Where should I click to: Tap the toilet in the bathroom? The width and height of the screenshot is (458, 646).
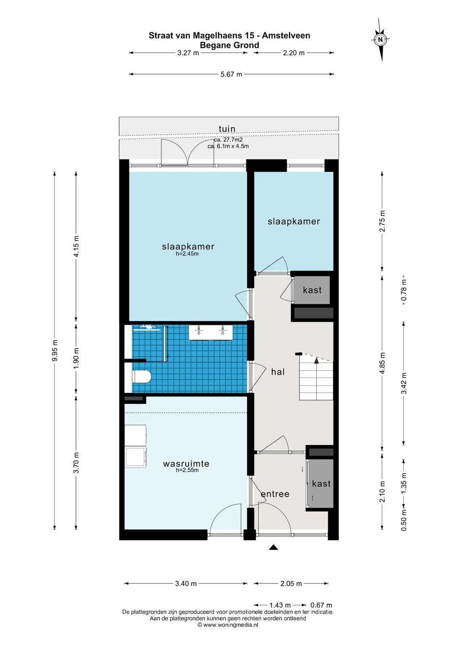pyautogui.click(x=142, y=376)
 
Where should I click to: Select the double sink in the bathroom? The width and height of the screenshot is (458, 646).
pyautogui.click(x=211, y=332)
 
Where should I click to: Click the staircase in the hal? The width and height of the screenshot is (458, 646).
pyautogui.click(x=316, y=377)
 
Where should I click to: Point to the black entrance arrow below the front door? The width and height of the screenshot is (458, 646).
pyautogui.click(x=274, y=547)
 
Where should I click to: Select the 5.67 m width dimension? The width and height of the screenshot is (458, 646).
pyautogui.click(x=231, y=74)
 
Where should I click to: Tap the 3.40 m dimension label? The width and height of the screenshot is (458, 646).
pyautogui.click(x=186, y=583)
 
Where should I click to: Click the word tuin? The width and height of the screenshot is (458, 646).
pyautogui.click(x=227, y=129)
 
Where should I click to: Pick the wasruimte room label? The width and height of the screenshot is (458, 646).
pyautogui.click(x=186, y=464)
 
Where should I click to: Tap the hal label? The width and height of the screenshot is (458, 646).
pyautogui.click(x=278, y=372)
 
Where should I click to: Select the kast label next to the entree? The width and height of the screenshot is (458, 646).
pyautogui.click(x=321, y=483)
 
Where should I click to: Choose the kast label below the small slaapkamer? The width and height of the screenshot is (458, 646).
pyautogui.click(x=312, y=290)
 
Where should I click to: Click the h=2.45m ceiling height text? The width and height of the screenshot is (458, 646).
pyautogui.click(x=187, y=254)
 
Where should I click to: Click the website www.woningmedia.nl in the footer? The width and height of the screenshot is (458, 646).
pyautogui.click(x=230, y=625)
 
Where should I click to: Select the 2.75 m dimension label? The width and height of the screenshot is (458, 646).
pyautogui.click(x=382, y=221)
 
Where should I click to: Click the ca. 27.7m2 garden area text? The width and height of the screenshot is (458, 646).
pyautogui.click(x=228, y=140)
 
